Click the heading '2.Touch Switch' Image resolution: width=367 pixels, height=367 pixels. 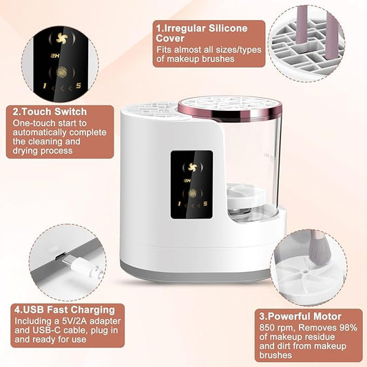pyautogui.click(x=50, y=112)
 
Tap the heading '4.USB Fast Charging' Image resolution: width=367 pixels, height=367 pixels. pyautogui.click(x=65, y=310)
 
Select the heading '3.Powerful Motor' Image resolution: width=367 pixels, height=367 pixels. pyautogui.click(x=300, y=317)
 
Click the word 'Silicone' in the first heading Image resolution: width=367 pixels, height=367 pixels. pyautogui.click(x=228, y=28)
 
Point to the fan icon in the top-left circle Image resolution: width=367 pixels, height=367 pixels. pyautogui.click(x=62, y=39)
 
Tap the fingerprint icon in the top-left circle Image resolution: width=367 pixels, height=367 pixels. pyautogui.click(x=62, y=72)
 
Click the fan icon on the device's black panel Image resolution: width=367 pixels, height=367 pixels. pyautogui.click(x=193, y=167)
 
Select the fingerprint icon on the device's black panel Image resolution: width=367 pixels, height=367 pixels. pyautogui.click(x=192, y=193)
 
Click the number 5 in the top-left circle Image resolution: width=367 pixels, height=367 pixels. pyautogui.click(x=78, y=85)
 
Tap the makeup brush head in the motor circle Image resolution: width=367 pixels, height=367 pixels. pyautogui.click(x=318, y=253)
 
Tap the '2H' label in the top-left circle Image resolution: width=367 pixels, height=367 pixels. pyautogui.click(x=54, y=56)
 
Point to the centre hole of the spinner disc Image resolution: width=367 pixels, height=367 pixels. pyautogui.click(x=305, y=272)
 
